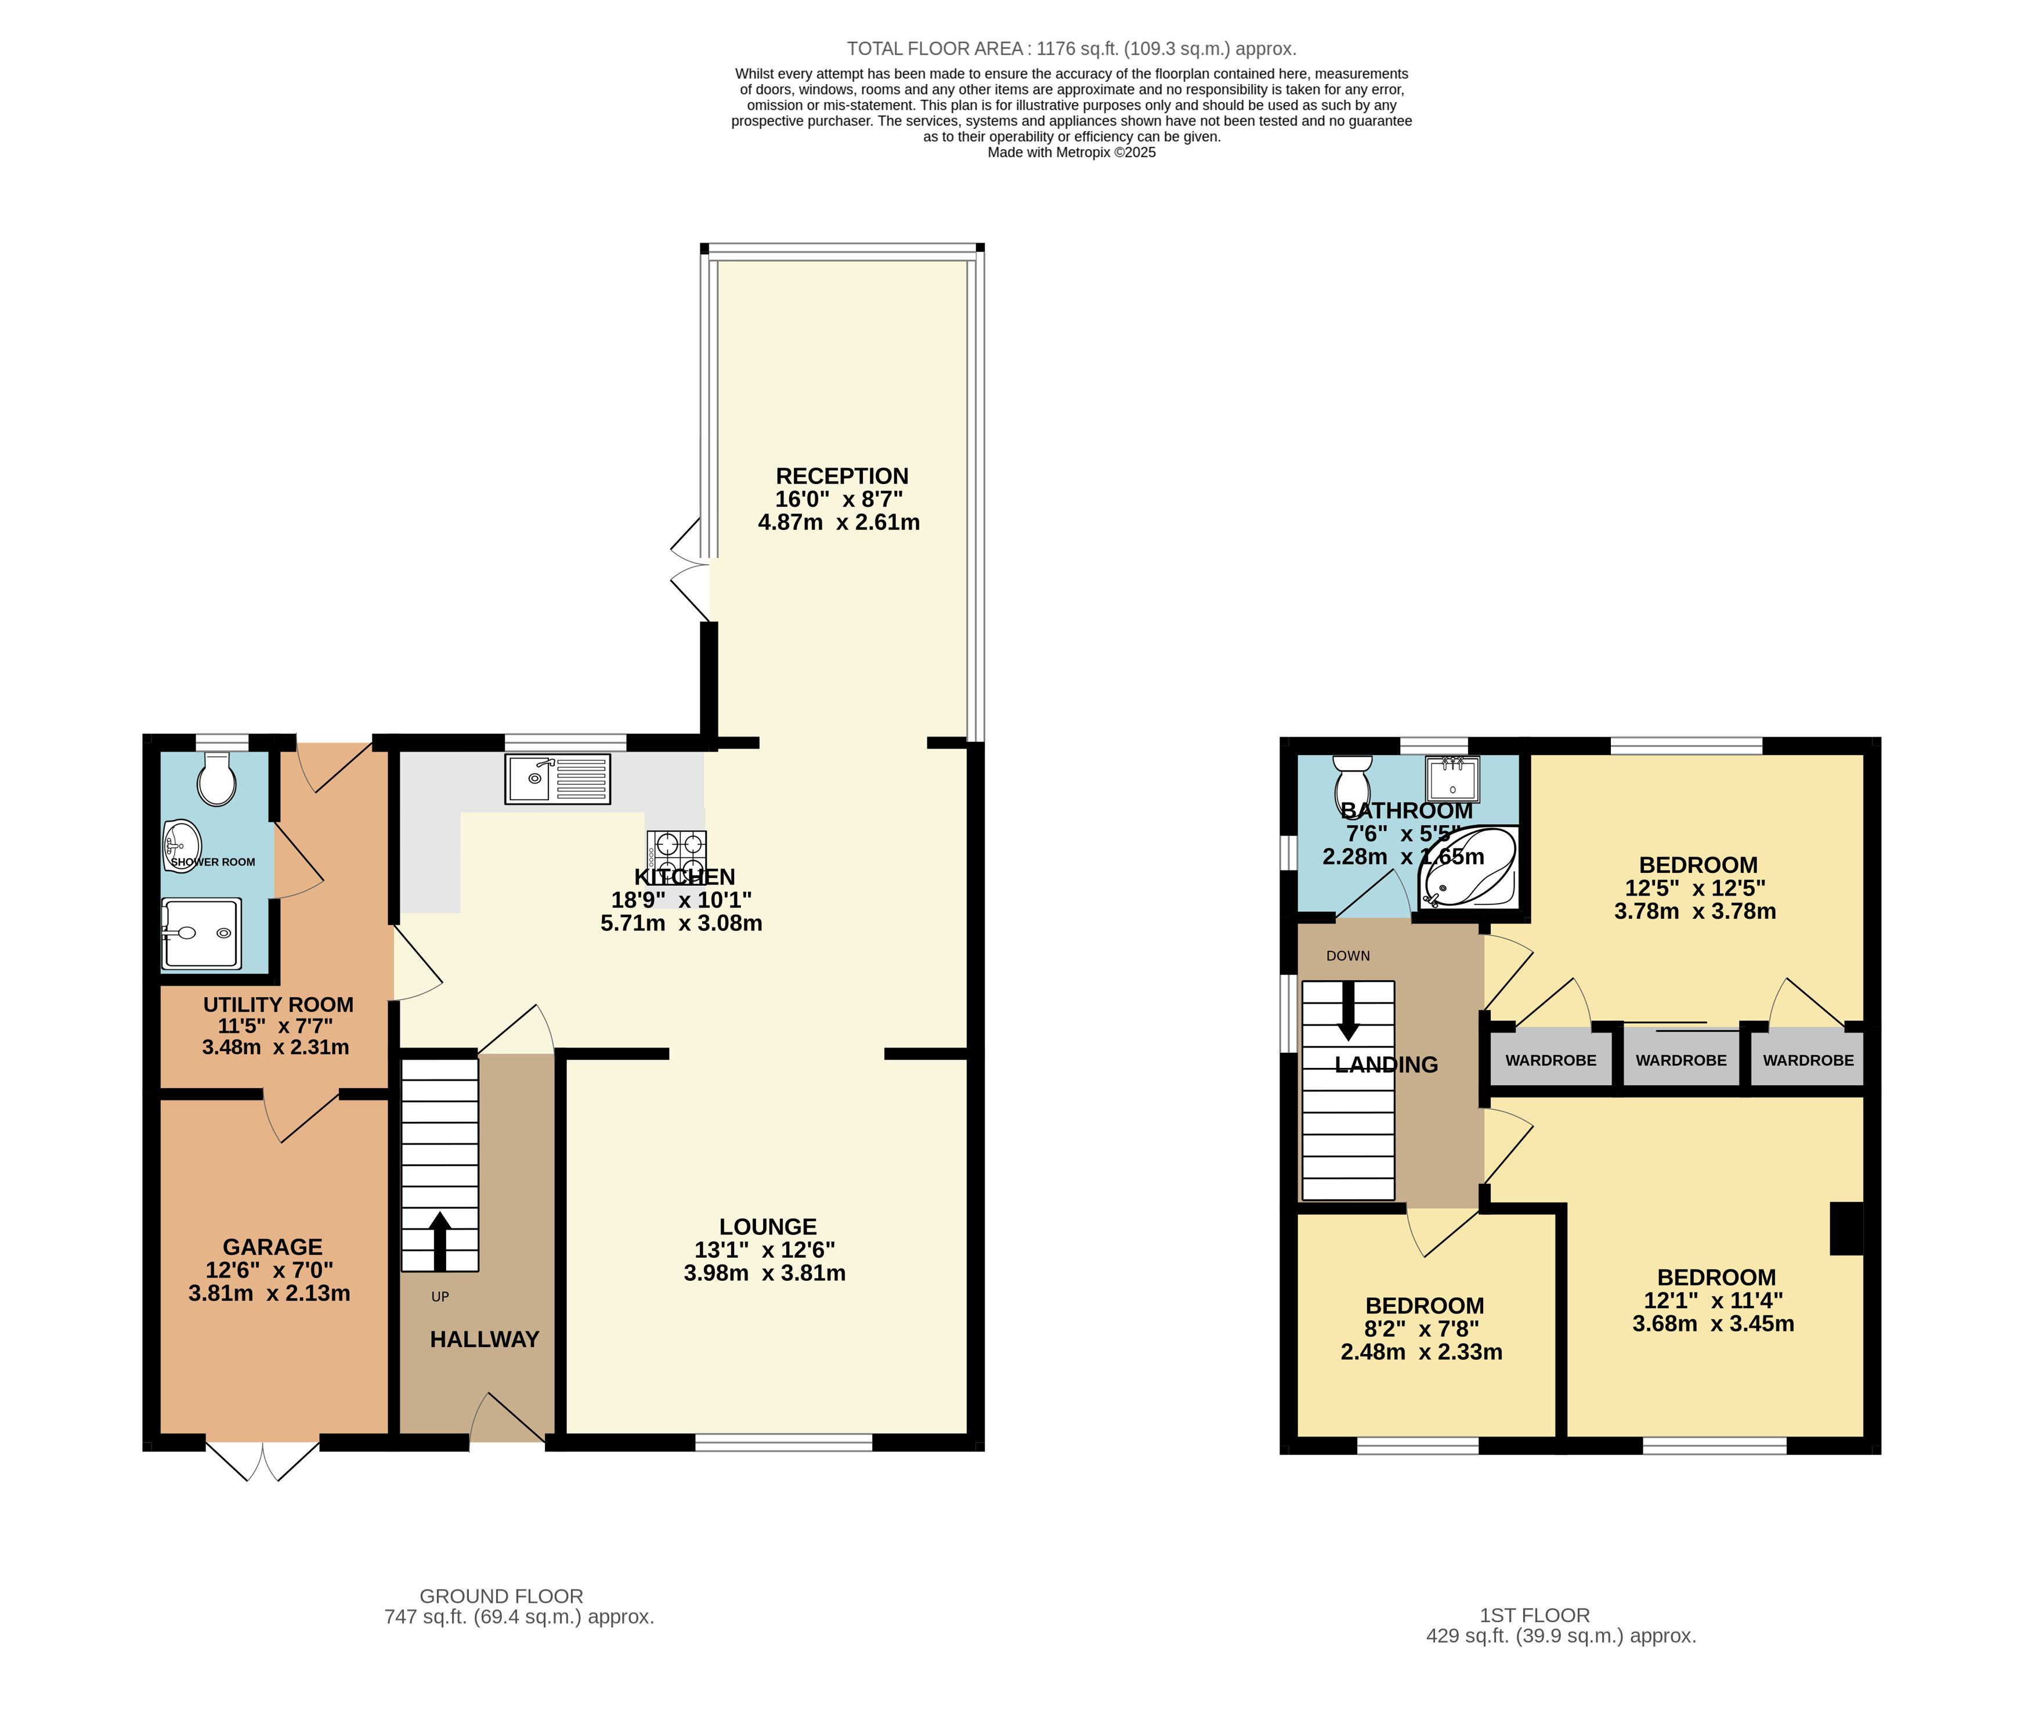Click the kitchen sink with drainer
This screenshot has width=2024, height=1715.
[557, 779]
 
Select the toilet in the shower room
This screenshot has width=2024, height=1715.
[217, 779]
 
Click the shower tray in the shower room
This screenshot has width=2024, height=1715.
[201, 933]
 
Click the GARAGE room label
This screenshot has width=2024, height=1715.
[272, 1247]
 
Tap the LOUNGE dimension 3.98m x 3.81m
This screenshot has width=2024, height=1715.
[764, 1273]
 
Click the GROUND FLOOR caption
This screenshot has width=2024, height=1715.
[501, 1597]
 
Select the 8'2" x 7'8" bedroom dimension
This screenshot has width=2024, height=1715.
[1421, 1329]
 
